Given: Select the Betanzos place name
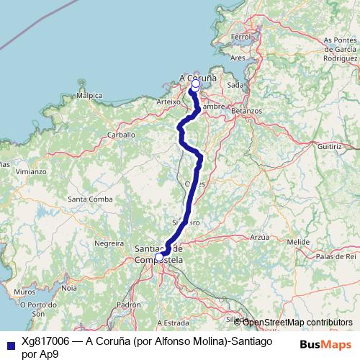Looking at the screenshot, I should [247, 112].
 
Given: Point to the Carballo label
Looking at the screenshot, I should [121, 135].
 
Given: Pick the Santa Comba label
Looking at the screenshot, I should [89, 199].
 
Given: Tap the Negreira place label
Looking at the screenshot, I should [109, 243].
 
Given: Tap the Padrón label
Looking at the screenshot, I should [129, 305].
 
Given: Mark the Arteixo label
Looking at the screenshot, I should [167, 103].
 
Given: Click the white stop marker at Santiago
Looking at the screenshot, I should [159, 256].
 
